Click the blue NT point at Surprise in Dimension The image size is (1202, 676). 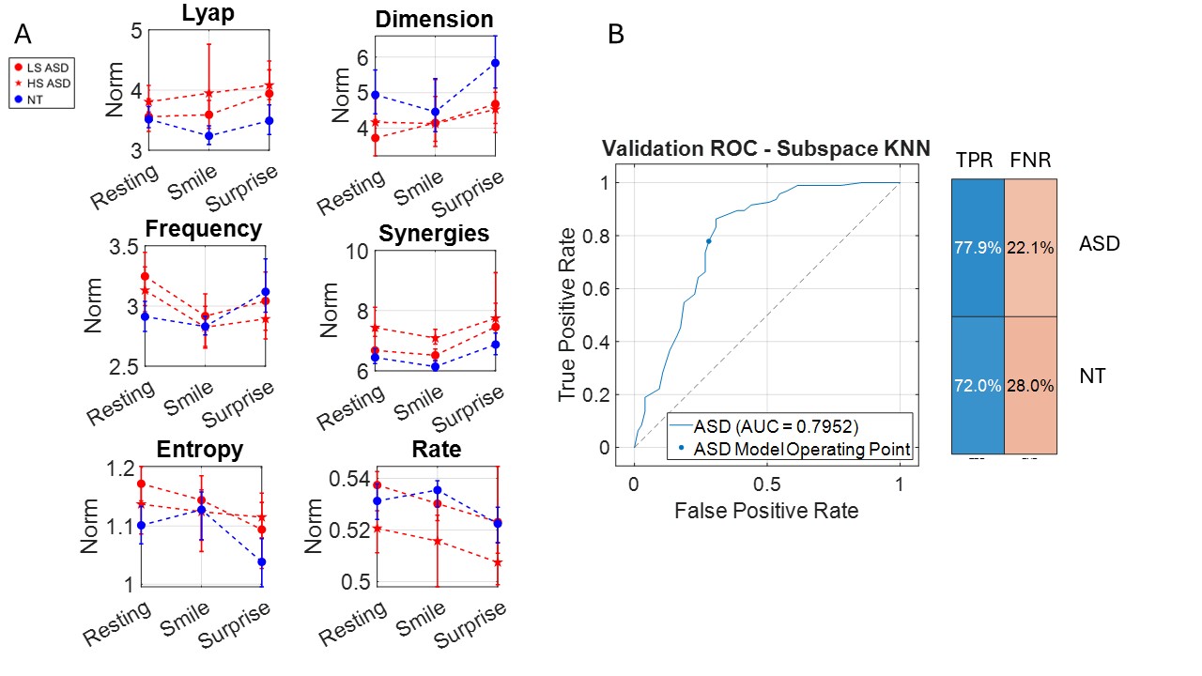coord(495,63)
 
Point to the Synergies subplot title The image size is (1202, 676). coord(434,234)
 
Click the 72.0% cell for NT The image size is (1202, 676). coord(978,385)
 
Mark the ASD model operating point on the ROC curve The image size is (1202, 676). coord(708,241)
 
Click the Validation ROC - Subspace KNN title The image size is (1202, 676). coord(766,147)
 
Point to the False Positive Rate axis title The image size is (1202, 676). coord(765,511)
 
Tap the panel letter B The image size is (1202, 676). coord(616,35)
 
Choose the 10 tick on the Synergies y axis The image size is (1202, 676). coord(355,251)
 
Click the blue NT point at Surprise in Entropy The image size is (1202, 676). coord(261,561)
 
